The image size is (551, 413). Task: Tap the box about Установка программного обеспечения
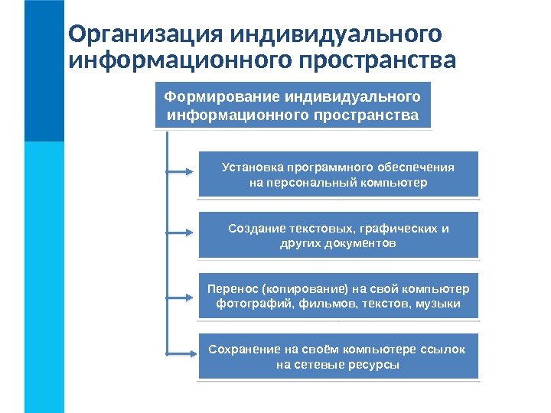pos(338,175)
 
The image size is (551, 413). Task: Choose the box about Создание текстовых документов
pos(338,236)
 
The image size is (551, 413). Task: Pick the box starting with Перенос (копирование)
pos(338,296)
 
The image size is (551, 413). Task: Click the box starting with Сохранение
pos(338,356)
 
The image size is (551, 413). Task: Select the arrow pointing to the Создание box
pos(180,232)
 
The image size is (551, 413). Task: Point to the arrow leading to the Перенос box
pos(180,297)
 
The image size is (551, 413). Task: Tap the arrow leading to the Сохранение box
pos(180,353)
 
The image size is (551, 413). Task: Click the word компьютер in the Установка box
pos(396,184)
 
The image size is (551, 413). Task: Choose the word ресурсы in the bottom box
pos(375,365)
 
